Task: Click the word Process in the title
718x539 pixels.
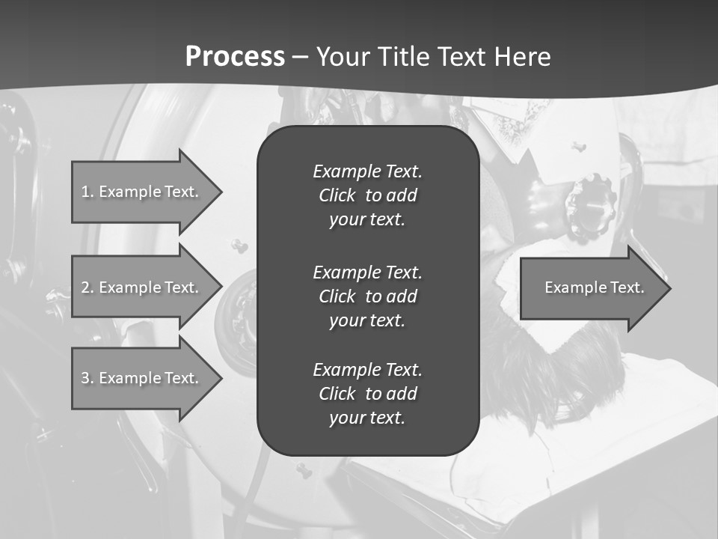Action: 235,57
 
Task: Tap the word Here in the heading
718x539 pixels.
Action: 522,57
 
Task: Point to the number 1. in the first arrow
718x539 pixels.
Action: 88,192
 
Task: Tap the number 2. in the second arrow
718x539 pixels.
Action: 88,287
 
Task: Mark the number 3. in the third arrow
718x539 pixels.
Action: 88,378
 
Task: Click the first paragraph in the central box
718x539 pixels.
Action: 367,195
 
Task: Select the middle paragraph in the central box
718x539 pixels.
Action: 367,296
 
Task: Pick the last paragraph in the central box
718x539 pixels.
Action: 367,394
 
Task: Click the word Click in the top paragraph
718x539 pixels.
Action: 337,195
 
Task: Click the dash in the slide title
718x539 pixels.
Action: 301,57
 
